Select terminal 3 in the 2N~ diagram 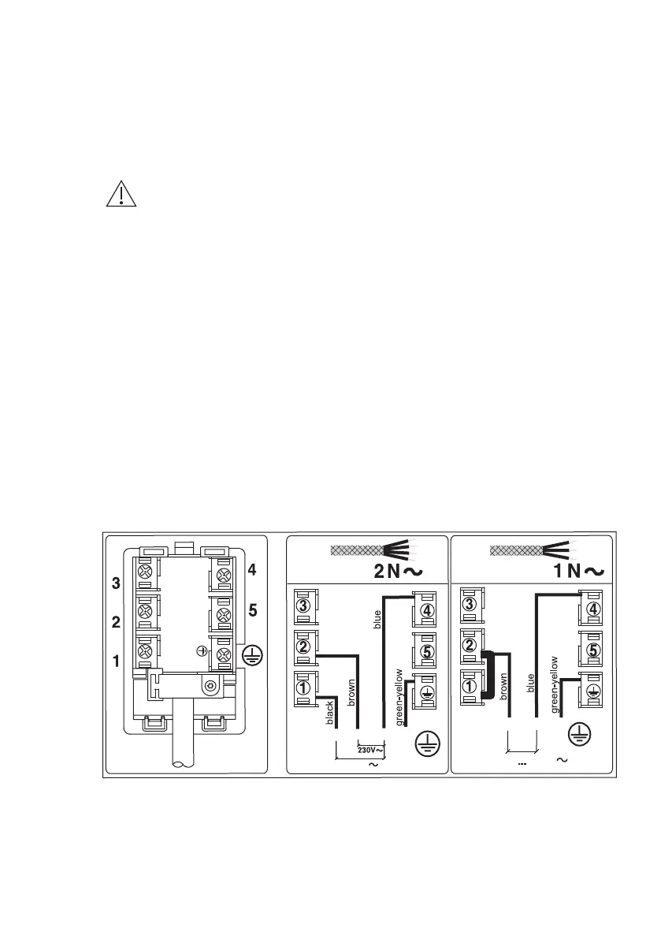(303, 606)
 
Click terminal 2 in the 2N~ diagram (303, 646)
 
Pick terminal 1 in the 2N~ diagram (303, 687)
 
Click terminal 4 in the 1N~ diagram (594, 609)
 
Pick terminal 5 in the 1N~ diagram (594, 650)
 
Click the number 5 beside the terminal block (253, 609)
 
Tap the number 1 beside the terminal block (117, 662)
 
